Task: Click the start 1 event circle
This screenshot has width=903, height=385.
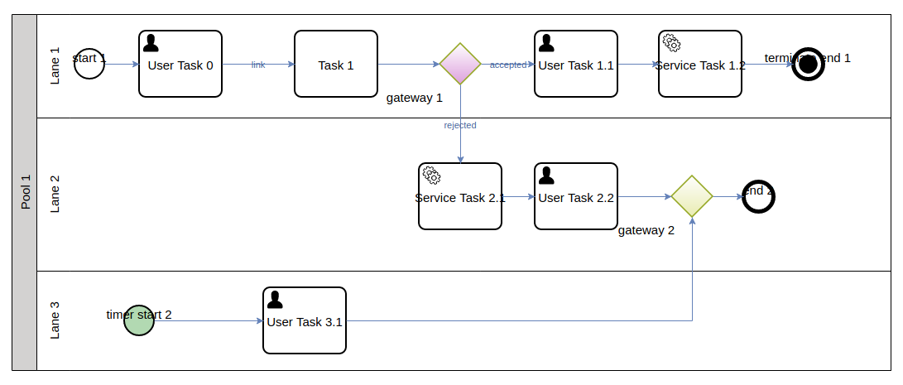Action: pyautogui.click(x=89, y=64)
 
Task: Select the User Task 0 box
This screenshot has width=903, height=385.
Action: pyautogui.click(x=180, y=64)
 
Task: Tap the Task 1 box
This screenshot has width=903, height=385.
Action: pyautogui.click(x=336, y=64)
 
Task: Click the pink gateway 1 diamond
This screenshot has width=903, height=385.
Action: pyautogui.click(x=460, y=64)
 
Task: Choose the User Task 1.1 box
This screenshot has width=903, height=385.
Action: pyautogui.click(x=576, y=64)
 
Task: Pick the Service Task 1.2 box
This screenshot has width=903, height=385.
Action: pyautogui.click(x=700, y=64)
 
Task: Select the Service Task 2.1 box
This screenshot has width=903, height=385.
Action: pyautogui.click(x=460, y=196)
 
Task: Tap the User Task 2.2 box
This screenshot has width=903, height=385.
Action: pyautogui.click(x=576, y=196)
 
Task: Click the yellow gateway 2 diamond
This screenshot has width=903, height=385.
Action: pyautogui.click(x=692, y=196)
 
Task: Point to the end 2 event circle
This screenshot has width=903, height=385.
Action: pyautogui.click(x=758, y=196)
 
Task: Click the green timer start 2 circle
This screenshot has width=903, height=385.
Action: pyautogui.click(x=139, y=320)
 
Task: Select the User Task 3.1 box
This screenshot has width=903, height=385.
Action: pyautogui.click(x=305, y=320)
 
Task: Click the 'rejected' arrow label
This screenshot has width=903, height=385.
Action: pyautogui.click(x=460, y=125)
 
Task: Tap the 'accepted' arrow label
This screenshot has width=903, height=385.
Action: pyautogui.click(x=507, y=65)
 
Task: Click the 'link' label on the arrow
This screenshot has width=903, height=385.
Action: pyautogui.click(x=258, y=65)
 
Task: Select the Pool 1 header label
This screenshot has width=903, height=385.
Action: pyautogui.click(x=25, y=192)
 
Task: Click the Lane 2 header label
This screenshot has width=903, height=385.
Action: pyautogui.click(x=55, y=195)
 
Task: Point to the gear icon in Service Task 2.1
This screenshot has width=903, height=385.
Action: pyautogui.click(x=431, y=175)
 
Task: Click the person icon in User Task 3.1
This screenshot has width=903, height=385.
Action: pyautogui.click(x=275, y=299)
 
